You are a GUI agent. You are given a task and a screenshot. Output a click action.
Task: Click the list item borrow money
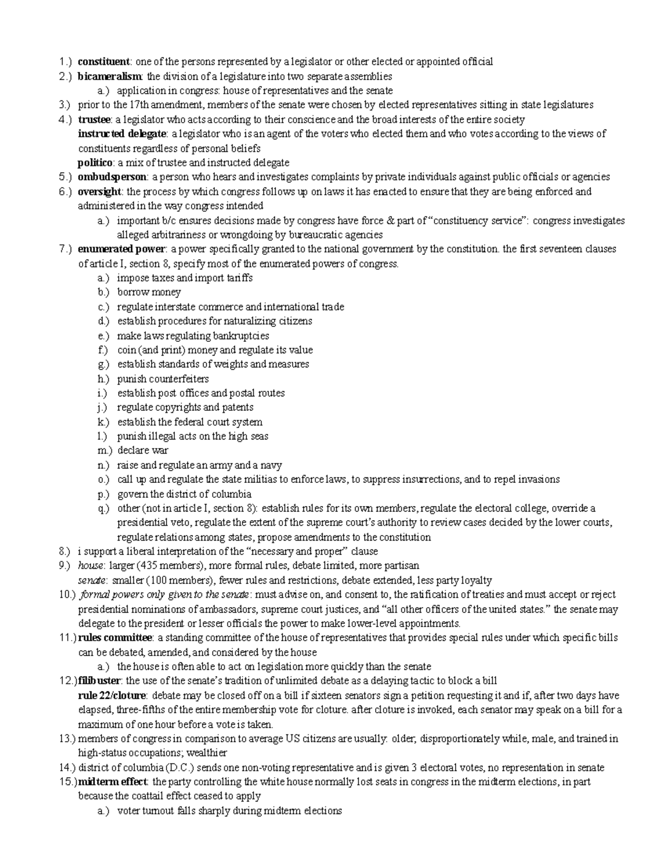[149, 292]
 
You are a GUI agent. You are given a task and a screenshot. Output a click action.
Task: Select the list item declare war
[143, 450]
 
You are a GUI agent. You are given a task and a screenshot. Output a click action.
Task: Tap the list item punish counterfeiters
[163, 379]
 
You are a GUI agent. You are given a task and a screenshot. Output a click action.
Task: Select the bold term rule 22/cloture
[112, 695]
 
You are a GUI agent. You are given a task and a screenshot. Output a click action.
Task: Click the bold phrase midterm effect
[113, 782]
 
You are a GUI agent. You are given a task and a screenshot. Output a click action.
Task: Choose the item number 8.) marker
[65, 551]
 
